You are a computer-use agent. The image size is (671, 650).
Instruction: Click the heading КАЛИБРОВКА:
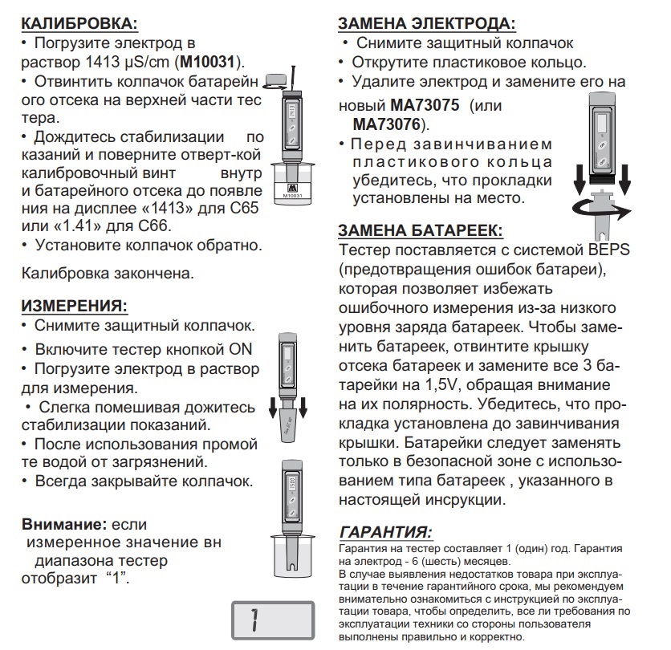pyautogui.click(x=77, y=22)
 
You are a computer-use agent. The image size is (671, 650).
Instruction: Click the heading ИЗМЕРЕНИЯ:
pyautogui.click(x=75, y=306)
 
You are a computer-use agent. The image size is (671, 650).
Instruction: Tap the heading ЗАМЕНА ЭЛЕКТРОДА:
pyautogui.click(x=426, y=24)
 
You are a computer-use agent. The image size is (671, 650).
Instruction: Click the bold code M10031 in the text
pyautogui.click(x=212, y=62)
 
